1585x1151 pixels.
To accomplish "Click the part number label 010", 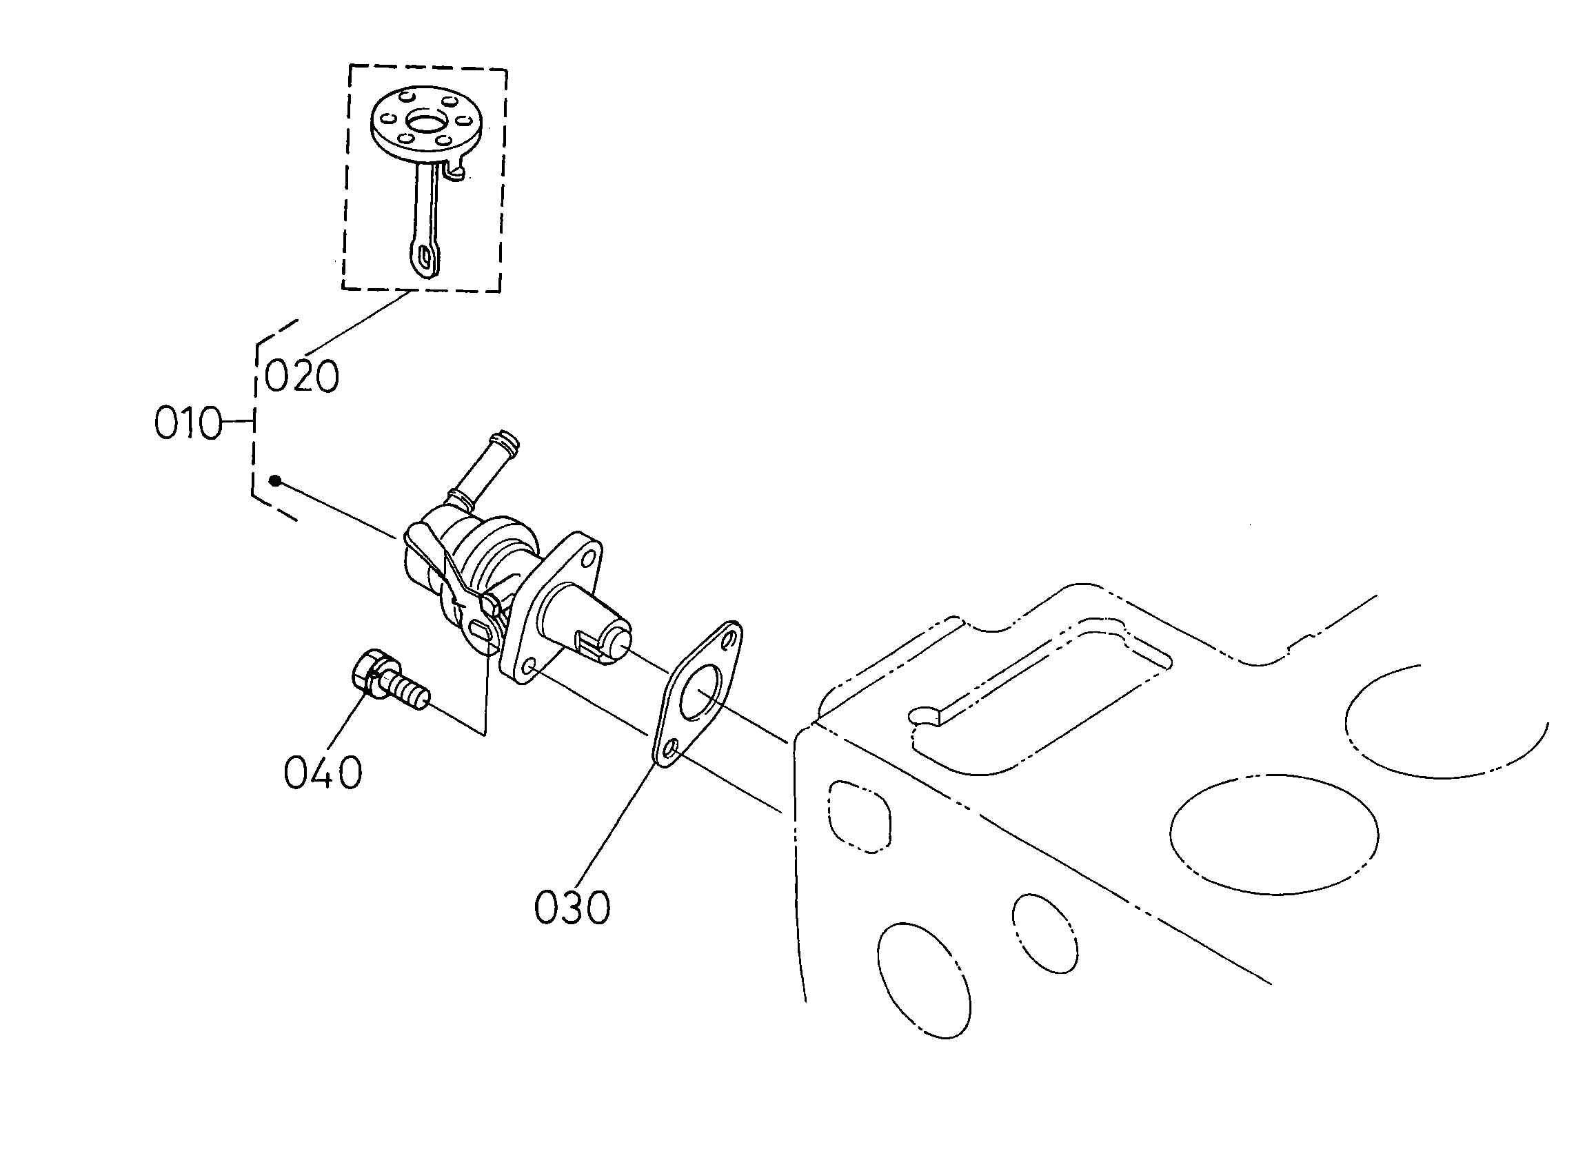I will point(188,424).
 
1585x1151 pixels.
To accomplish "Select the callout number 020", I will point(302,376).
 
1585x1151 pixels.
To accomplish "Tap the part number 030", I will point(572,908).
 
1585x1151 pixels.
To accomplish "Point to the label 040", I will point(323,773).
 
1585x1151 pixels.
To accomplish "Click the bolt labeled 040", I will point(389,682).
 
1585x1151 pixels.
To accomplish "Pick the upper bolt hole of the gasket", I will point(729,639).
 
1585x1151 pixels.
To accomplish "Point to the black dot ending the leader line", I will point(276,480).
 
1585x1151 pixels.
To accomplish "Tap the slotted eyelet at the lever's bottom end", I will point(423,259).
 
